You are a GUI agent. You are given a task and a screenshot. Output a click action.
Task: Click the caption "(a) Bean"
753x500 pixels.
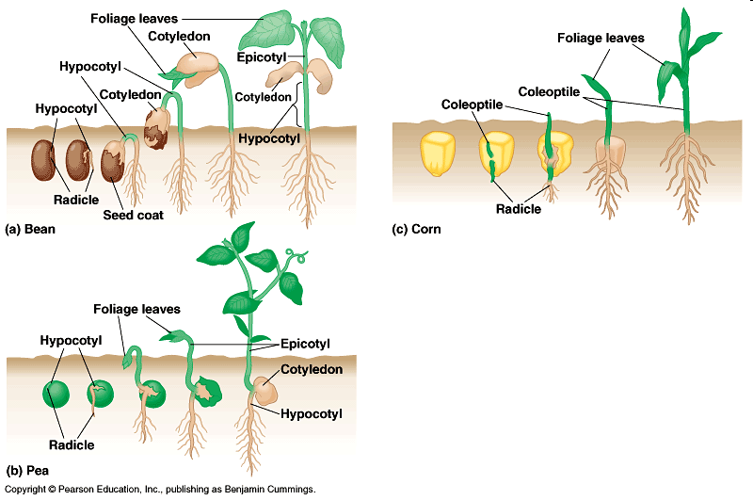(x=30, y=229)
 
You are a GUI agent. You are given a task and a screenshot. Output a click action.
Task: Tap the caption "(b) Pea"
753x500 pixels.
(x=27, y=470)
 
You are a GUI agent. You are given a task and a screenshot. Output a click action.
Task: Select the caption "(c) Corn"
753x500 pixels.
(x=416, y=229)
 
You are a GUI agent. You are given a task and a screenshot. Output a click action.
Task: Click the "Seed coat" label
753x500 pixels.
(x=133, y=215)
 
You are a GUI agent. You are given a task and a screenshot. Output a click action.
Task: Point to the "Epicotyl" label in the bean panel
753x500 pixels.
(x=262, y=57)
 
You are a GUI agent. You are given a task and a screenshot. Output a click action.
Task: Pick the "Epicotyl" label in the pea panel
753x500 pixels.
(x=305, y=344)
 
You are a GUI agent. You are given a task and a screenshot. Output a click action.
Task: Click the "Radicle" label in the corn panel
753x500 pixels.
(x=519, y=209)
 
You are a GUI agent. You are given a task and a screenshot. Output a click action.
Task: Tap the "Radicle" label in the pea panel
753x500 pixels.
(x=72, y=444)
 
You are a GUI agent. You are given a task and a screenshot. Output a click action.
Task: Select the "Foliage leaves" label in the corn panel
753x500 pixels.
(x=601, y=38)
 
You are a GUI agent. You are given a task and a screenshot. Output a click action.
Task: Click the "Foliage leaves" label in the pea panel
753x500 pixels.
(x=136, y=309)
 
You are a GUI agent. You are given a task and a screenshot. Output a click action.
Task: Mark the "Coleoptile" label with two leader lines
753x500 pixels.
(x=549, y=91)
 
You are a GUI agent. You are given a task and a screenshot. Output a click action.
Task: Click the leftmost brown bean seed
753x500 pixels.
(x=43, y=160)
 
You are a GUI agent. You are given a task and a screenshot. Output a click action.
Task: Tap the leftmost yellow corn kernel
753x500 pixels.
(x=438, y=154)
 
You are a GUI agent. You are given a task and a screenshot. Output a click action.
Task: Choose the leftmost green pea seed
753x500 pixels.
(x=56, y=395)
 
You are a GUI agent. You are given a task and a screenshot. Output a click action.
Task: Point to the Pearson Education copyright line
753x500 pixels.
(x=160, y=489)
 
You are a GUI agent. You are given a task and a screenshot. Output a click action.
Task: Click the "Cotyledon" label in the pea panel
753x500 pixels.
(x=312, y=369)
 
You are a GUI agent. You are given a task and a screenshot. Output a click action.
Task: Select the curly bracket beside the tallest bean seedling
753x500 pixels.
(x=297, y=105)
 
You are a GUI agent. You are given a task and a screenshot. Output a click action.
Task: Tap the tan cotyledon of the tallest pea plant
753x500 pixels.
(x=265, y=390)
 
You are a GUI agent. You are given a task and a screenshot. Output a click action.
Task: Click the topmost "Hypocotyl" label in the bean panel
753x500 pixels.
(x=90, y=66)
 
